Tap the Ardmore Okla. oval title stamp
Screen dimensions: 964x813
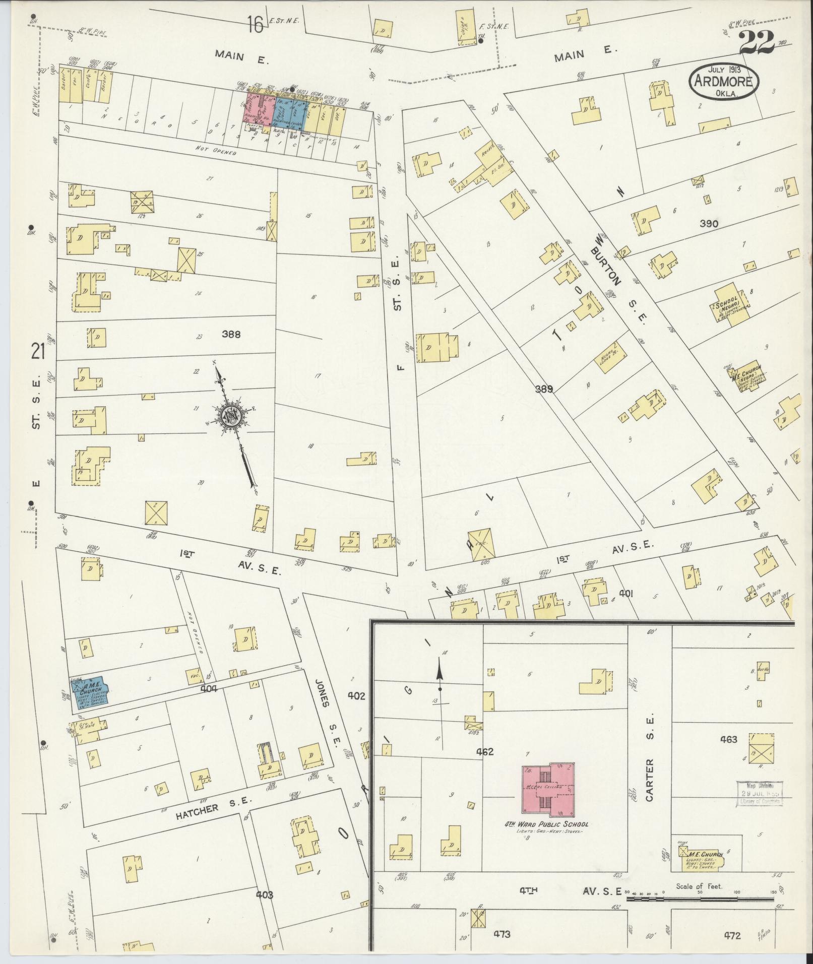[724, 81]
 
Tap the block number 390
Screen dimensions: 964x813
[709, 223]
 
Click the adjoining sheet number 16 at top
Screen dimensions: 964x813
[255, 24]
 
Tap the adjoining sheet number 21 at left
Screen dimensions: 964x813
[38, 351]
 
